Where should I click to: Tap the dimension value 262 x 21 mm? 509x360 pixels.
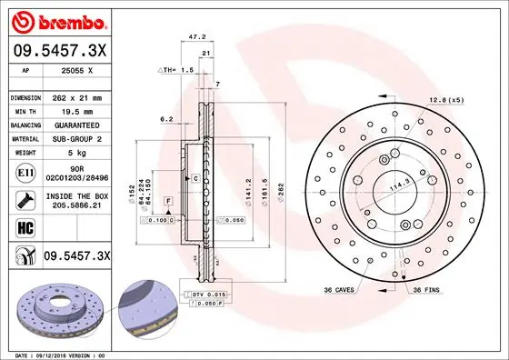point(76,97)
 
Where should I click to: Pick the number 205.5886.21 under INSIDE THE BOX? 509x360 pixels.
point(76,207)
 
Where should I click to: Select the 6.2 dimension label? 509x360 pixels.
point(165,118)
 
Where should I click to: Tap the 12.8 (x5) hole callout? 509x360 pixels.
point(445,99)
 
